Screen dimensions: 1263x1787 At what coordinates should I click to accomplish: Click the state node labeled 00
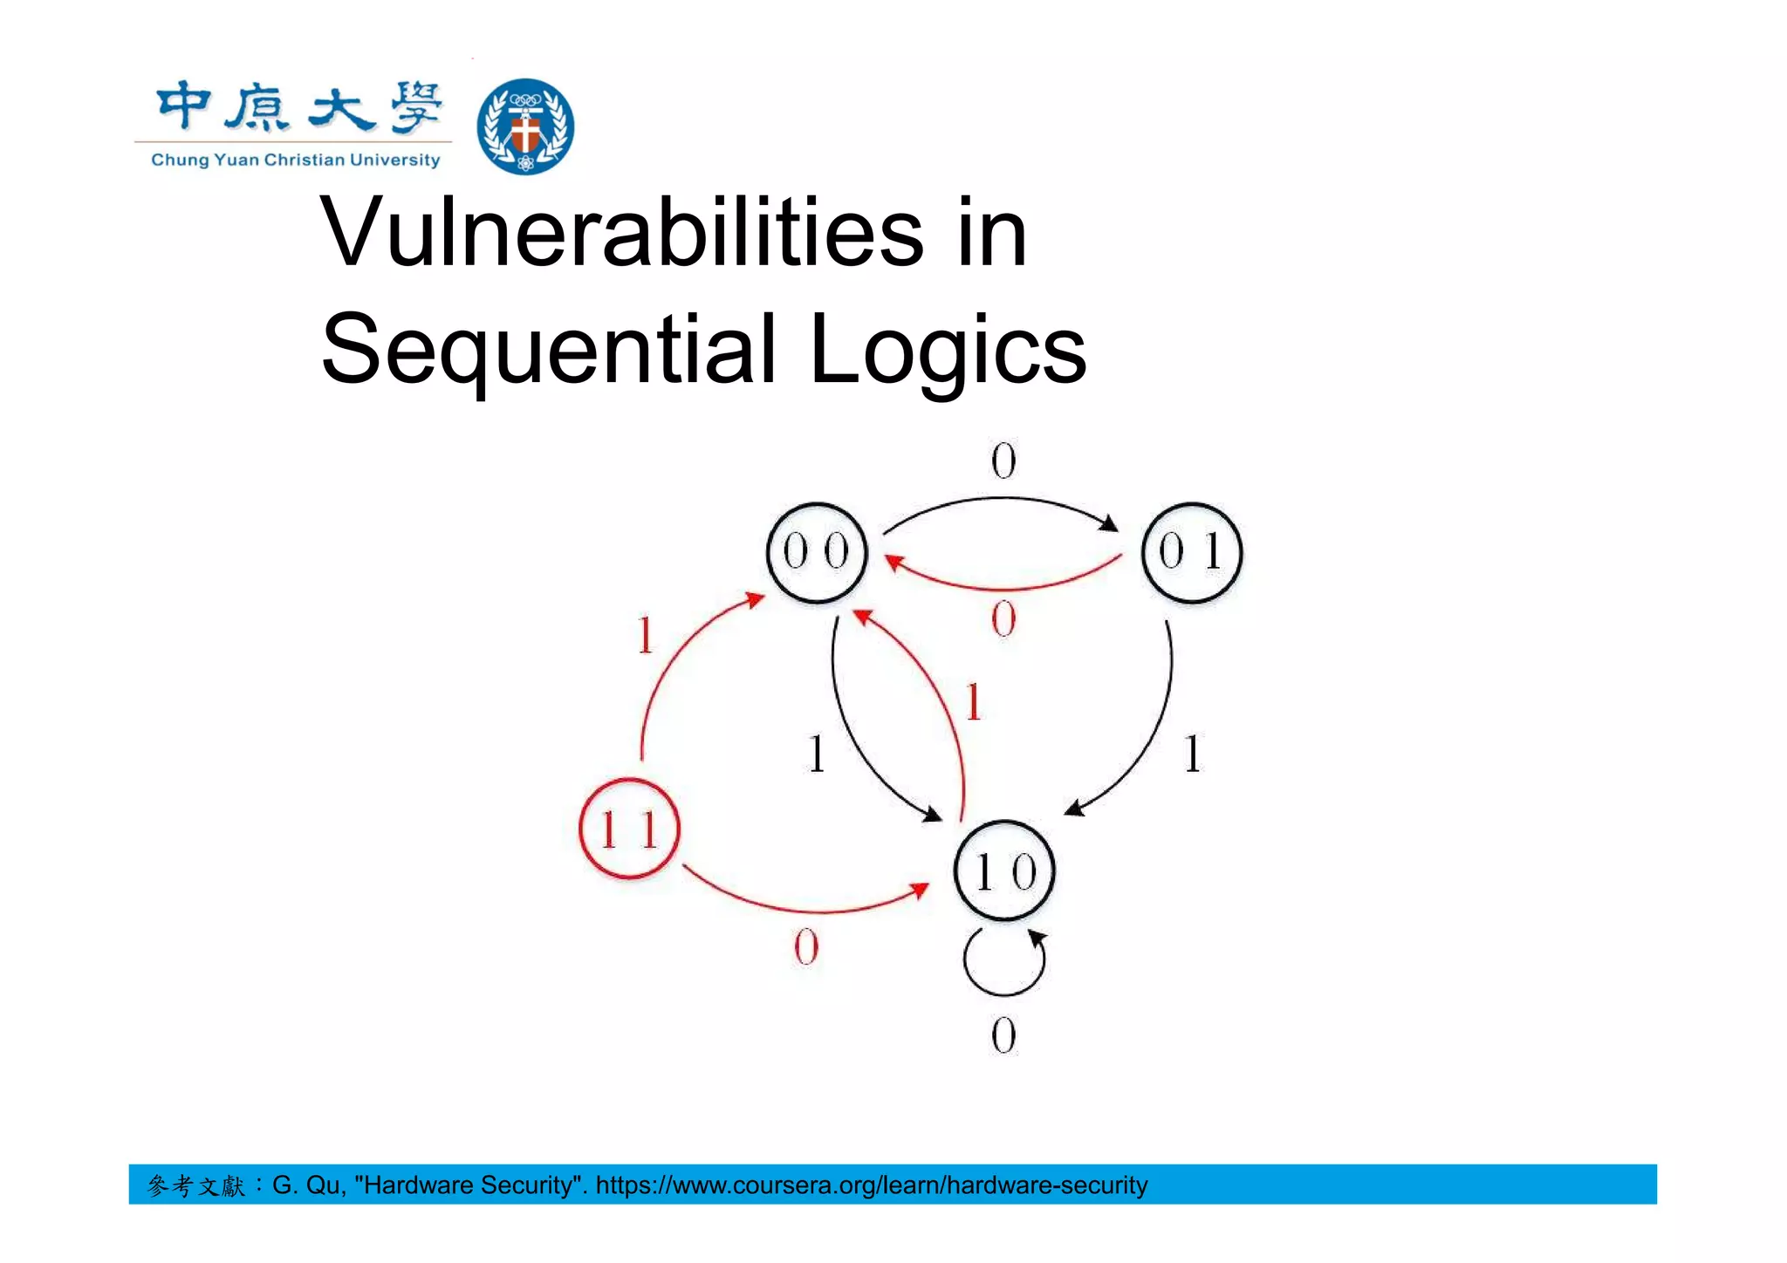click(817, 552)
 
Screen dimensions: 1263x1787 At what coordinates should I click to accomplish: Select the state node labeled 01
click(1191, 552)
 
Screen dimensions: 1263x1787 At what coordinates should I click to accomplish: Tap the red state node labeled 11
click(629, 829)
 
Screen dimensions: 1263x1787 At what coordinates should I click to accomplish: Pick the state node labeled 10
click(1004, 870)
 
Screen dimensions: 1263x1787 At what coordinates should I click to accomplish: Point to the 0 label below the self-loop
click(1003, 1036)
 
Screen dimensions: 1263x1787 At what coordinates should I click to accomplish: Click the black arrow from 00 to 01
click(1003, 500)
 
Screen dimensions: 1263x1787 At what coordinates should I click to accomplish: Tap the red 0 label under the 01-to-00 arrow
click(1003, 620)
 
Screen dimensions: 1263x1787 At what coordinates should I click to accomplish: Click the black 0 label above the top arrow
click(1003, 461)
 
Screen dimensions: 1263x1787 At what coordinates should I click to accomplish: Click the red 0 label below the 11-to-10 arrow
click(806, 947)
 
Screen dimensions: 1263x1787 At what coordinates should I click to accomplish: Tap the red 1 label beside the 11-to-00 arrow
click(645, 635)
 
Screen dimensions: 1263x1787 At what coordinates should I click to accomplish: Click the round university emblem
click(525, 126)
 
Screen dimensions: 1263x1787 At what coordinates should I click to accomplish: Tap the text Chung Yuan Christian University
click(295, 160)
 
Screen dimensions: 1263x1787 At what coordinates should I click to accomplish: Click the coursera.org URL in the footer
click(871, 1185)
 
